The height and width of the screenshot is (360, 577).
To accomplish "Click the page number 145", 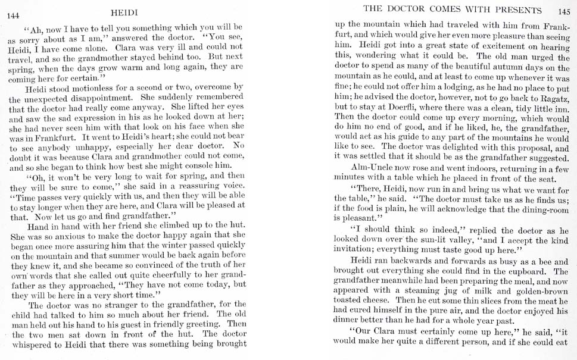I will (564, 11).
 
